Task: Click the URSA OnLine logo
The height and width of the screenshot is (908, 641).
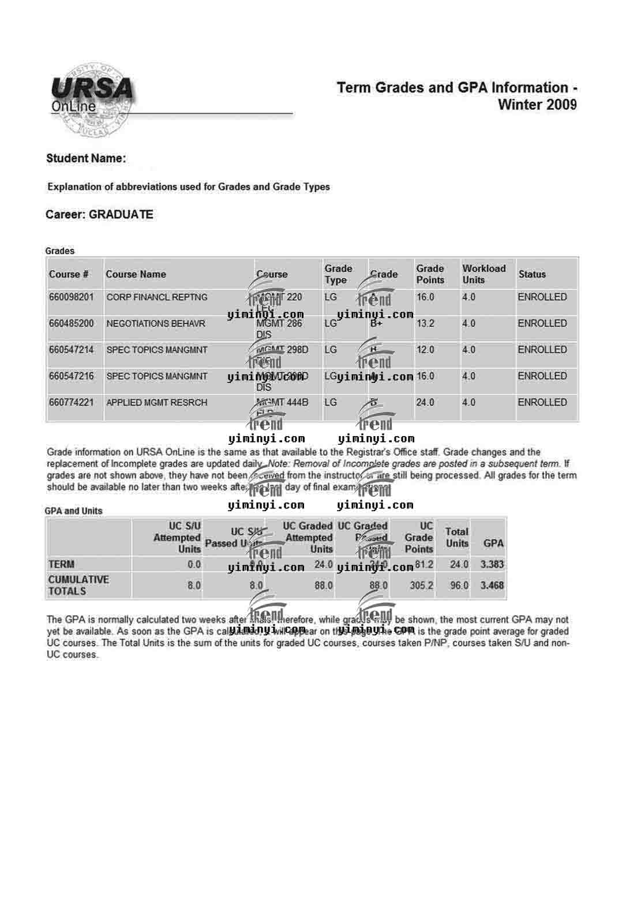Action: [x=92, y=98]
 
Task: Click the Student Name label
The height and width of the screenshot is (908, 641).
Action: [x=86, y=158]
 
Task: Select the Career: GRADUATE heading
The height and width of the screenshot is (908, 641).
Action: [x=99, y=215]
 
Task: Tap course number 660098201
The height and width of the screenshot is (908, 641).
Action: [x=71, y=297]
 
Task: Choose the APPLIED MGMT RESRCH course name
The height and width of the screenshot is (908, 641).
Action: [x=157, y=403]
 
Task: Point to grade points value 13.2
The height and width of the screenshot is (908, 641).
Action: [x=425, y=323]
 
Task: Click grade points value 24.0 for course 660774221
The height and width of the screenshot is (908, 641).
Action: [x=425, y=403]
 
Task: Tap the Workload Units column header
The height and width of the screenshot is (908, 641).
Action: [x=483, y=274]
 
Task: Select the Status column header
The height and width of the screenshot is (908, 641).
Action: [x=531, y=274]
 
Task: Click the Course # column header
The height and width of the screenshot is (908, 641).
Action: [x=69, y=274]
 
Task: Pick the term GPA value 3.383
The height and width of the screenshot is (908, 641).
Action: [x=492, y=564]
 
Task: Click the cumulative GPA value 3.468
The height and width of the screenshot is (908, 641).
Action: [x=492, y=586]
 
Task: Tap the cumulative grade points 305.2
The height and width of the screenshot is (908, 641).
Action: [x=421, y=586]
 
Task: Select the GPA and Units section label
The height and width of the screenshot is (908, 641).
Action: [x=73, y=511]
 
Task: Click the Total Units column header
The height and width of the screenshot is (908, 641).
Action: [x=457, y=537]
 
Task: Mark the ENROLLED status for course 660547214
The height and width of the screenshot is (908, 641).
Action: [x=542, y=350]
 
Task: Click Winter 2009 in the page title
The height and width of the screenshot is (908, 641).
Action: [x=537, y=105]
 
